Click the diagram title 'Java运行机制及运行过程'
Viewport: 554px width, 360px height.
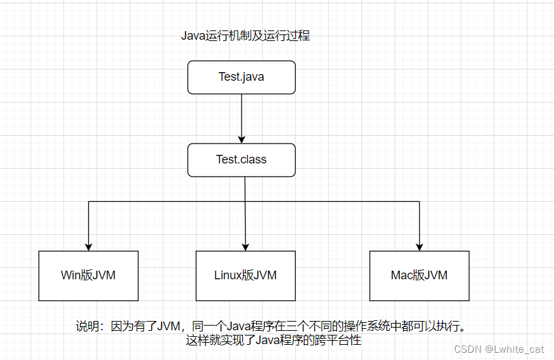[246, 36]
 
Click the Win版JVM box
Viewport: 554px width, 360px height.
[88, 275]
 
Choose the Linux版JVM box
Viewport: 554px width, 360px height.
[246, 275]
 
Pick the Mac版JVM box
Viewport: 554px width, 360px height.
[419, 275]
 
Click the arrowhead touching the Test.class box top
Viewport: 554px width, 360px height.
[241, 140]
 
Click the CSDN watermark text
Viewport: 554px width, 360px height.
[467, 349]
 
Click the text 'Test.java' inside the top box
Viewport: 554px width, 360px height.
[241, 77]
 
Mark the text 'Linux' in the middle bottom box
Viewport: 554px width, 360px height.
[228, 275]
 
